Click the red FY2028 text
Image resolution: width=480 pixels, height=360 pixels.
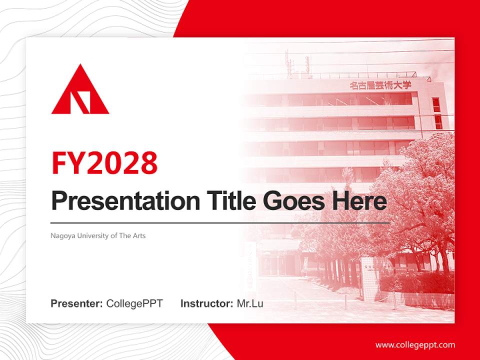coord(104,162)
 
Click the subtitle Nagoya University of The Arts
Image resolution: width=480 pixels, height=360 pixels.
coord(98,235)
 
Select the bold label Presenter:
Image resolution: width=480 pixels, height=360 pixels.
coord(77,303)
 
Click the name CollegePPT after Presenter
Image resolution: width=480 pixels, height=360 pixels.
coord(134,303)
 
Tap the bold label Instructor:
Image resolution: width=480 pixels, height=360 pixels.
coord(207,303)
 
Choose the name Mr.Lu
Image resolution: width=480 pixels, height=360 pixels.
coord(250,303)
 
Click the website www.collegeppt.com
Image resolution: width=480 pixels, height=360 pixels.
coord(415,345)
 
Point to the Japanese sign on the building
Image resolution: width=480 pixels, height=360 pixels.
coord(380,85)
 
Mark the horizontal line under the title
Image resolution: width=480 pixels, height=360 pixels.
coord(220,222)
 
